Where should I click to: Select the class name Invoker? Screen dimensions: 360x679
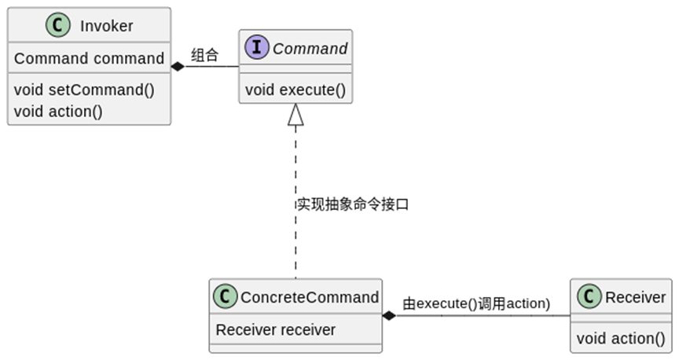106,26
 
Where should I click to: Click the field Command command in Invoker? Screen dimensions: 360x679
89,59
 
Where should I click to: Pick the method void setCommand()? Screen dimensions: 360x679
84,89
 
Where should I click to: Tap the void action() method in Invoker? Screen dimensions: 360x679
58,111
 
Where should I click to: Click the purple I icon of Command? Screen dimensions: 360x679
257,49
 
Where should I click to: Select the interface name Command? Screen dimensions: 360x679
310,49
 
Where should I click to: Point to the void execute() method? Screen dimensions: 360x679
295,89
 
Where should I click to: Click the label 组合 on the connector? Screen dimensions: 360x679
204,55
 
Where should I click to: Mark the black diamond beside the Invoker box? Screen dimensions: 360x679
178,67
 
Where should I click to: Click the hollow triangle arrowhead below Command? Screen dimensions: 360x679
295,116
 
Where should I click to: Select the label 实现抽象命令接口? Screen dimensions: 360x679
352,204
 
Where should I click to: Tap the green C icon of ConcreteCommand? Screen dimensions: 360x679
226,297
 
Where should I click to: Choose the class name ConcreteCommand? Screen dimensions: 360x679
309,297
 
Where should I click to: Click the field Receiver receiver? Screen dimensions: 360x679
275,330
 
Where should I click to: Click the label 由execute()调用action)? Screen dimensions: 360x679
475,303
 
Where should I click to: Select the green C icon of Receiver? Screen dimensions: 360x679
589,297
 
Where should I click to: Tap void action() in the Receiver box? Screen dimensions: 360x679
620,339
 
